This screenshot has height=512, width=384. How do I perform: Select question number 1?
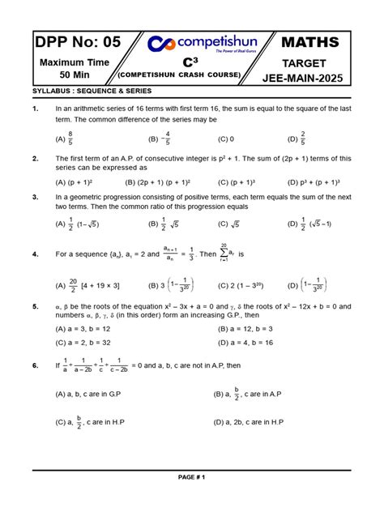pos(36,109)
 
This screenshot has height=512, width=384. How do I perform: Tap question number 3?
pos(36,197)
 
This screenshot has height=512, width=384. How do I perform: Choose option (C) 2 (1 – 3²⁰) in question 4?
pos(241,285)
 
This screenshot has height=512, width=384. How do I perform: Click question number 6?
pos(36,366)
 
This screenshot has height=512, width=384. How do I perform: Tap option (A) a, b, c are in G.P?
pos(90,393)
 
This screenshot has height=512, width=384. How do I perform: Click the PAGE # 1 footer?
pos(192,477)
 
